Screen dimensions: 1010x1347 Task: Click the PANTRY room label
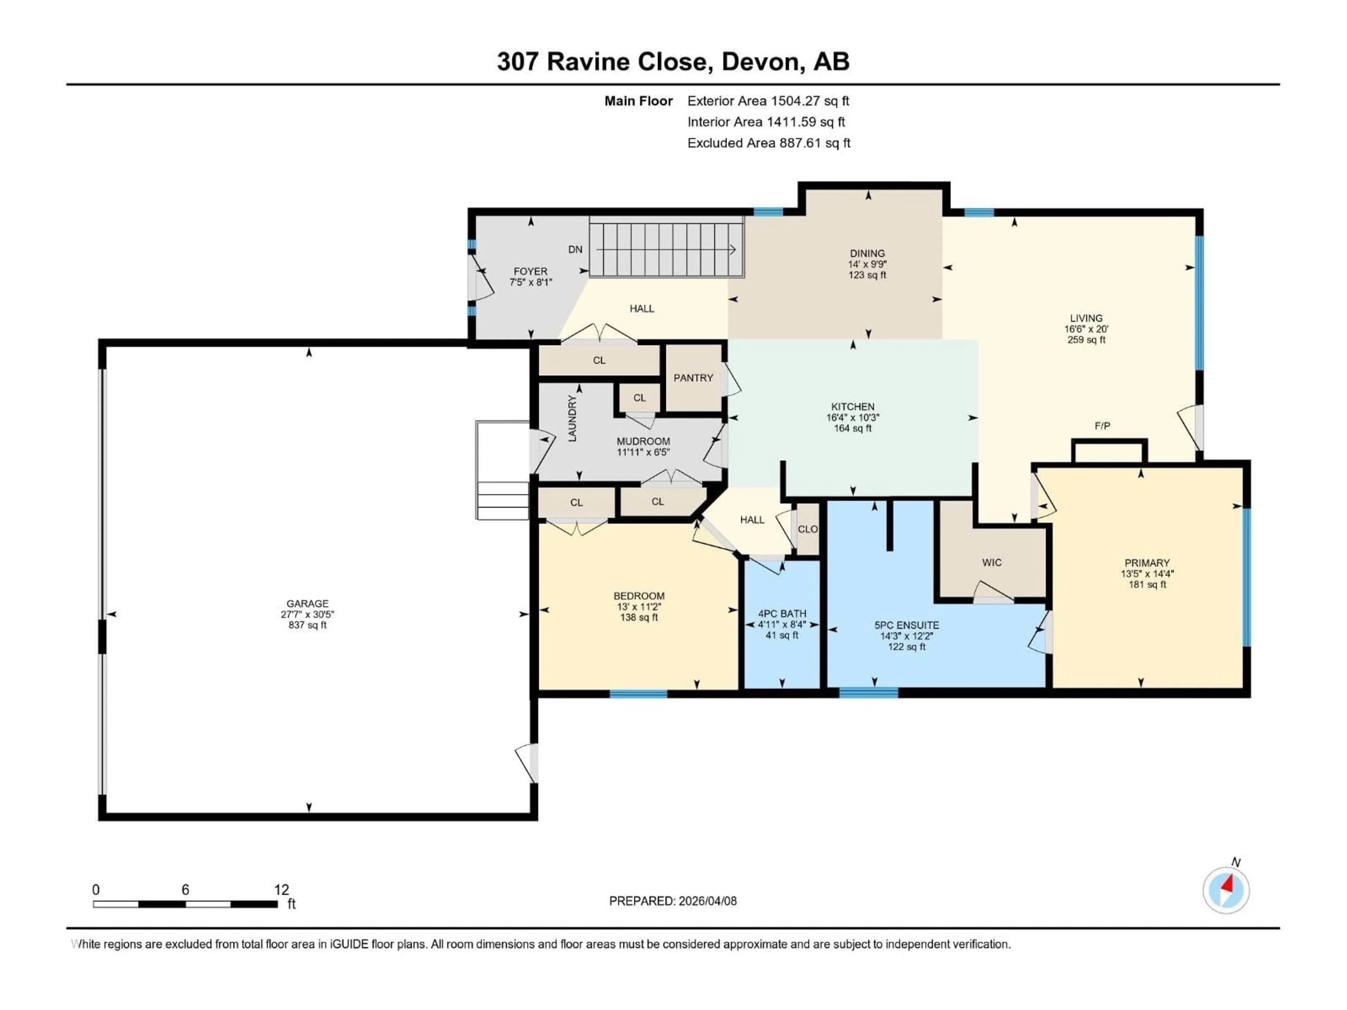coord(693,378)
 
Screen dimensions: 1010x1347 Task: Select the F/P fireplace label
coord(1102,426)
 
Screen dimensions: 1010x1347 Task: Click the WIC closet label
coord(991,563)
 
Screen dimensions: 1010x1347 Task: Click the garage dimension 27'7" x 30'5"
coord(308,614)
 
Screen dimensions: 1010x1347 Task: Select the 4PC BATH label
coord(782,614)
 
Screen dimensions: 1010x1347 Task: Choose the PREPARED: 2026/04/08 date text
coord(673,901)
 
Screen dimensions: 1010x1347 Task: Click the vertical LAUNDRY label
coord(572,418)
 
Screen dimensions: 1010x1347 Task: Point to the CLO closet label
coord(807,529)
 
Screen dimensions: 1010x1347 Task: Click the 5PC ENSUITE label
coord(906,625)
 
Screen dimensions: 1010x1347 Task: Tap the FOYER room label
coord(530,271)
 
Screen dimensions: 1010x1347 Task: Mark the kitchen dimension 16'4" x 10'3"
coord(852,418)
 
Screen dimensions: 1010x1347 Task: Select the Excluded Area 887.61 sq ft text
coord(769,143)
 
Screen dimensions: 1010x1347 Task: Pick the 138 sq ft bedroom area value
coord(639,617)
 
